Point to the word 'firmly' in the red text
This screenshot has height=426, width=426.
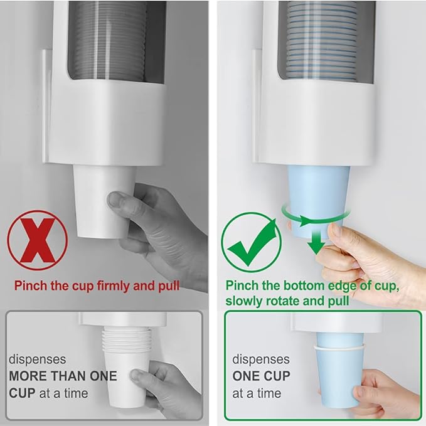(112, 286)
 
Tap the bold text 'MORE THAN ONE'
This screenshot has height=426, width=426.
(63, 376)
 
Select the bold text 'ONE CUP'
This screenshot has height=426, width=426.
(262, 376)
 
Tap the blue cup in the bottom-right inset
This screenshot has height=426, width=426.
(333, 376)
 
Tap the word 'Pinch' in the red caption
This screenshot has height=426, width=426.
(31, 286)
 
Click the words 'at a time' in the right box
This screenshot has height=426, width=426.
(257, 393)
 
